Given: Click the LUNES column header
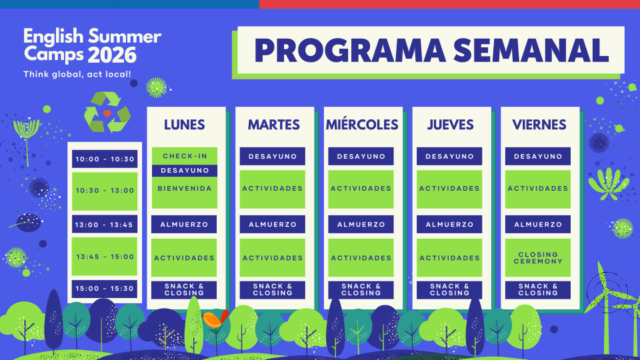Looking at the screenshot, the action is pyautogui.click(x=185, y=125).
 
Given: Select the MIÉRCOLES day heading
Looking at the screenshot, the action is pyautogui.click(x=362, y=124).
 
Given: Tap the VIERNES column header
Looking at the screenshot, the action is pyautogui.click(x=539, y=125).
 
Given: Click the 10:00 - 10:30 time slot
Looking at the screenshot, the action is pyautogui.click(x=105, y=159).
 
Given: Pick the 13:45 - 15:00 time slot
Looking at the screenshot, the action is pyautogui.click(x=105, y=257).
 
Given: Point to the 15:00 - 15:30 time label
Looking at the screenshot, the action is pyautogui.click(x=105, y=289).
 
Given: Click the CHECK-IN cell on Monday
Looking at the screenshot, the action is pyautogui.click(x=185, y=156).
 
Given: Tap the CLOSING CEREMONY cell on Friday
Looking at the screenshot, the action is pyautogui.click(x=538, y=258).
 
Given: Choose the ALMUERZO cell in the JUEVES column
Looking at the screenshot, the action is pyautogui.click(x=449, y=225).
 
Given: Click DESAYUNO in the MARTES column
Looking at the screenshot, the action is pyautogui.click(x=272, y=156).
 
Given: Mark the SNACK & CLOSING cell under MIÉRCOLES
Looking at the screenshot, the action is pyautogui.click(x=361, y=290).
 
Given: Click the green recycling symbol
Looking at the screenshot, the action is pyautogui.click(x=107, y=112).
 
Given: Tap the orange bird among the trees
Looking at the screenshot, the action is pyautogui.click(x=215, y=319).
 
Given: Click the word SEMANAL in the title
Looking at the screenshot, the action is pyautogui.click(x=531, y=51).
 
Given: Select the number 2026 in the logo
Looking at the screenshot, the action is pyautogui.click(x=112, y=55).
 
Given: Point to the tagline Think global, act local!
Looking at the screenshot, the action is pyautogui.click(x=77, y=74).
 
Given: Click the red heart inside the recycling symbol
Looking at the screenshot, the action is pyautogui.click(x=107, y=113).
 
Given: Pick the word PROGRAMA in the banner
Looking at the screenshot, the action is pyautogui.click(x=350, y=51).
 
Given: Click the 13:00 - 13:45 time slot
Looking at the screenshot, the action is pyautogui.click(x=105, y=225).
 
